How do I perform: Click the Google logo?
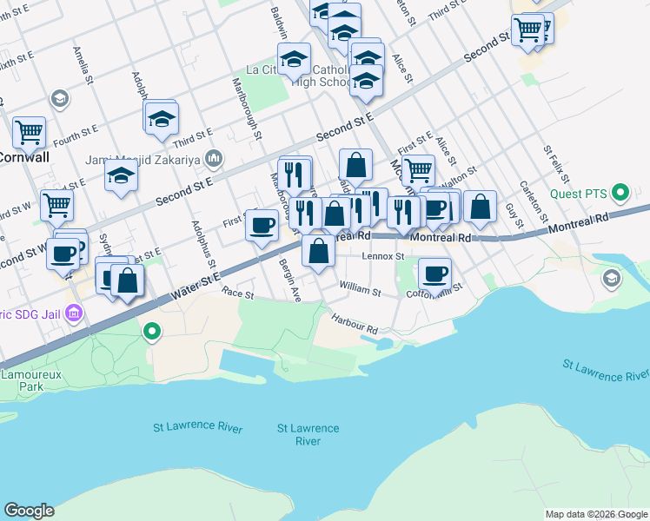[x=29, y=511]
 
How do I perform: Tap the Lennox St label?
[x=383, y=257]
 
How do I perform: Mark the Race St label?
[x=236, y=294]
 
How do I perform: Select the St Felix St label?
[x=556, y=166]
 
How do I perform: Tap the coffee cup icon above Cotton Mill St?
[x=435, y=274]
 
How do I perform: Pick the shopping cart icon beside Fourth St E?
[x=30, y=133]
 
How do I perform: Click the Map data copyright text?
[x=596, y=514]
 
